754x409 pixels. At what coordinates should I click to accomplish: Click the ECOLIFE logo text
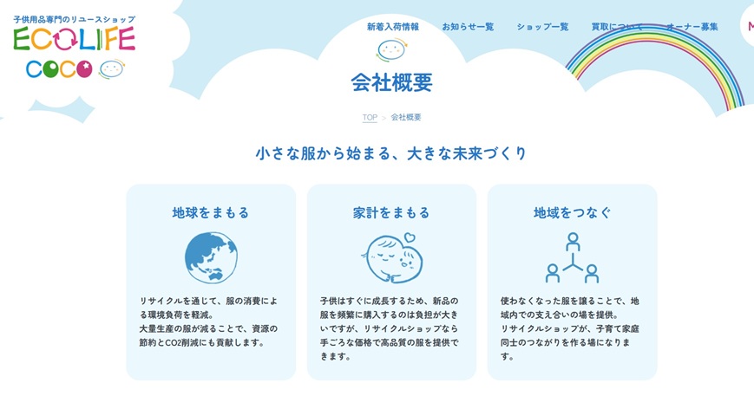coord(74,39)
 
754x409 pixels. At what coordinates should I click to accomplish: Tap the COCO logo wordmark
coord(59,69)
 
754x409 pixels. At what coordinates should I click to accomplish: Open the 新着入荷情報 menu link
coord(393,27)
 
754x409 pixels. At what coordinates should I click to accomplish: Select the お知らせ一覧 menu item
coord(468,27)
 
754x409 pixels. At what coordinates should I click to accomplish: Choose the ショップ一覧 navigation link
coord(542,27)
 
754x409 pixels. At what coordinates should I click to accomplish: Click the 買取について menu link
coord(617,27)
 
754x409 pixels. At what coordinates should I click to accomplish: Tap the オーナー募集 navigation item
coord(692,27)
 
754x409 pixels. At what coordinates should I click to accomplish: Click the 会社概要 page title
coord(392,82)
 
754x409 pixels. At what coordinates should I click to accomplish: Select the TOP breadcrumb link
coord(370,117)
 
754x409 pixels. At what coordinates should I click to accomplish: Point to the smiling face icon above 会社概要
coord(392,50)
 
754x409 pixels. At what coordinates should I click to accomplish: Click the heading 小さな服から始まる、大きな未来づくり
coord(391,153)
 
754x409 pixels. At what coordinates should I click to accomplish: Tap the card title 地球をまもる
coord(211,212)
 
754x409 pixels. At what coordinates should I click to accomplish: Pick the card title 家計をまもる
coord(391,212)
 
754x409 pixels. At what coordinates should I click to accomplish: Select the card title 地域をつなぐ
coord(573,212)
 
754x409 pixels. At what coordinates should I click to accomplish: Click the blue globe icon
coord(211,257)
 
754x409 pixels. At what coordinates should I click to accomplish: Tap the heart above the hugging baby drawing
coord(410,237)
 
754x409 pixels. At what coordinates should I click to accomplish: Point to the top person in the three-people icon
coord(573,242)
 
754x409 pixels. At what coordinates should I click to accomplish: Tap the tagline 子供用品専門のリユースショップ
coord(74,20)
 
